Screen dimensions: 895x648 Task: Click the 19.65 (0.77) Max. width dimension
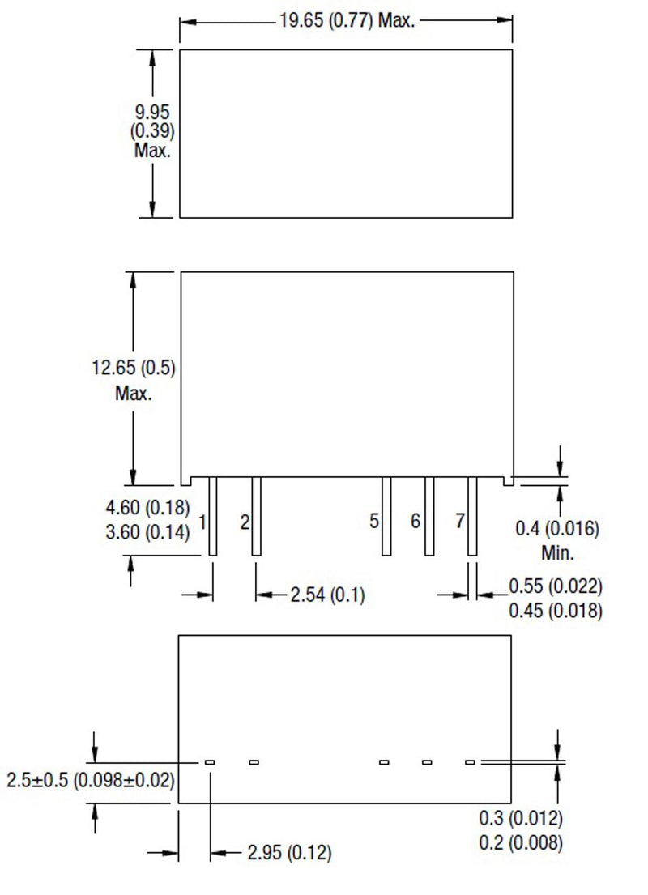[x=347, y=21]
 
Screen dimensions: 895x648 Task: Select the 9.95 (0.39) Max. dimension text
[x=152, y=130]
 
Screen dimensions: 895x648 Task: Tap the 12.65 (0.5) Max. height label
[x=134, y=381]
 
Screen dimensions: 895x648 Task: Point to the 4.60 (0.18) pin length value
[x=147, y=508]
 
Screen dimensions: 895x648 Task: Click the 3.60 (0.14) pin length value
[x=147, y=532]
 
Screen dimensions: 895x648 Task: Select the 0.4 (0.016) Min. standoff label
[x=557, y=541]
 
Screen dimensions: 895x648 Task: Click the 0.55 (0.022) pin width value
[x=555, y=586]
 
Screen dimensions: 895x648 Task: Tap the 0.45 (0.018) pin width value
[x=555, y=610]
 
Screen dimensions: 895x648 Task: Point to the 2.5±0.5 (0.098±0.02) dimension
[x=91, y=781]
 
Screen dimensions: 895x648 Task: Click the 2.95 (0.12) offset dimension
[x=289, y=853]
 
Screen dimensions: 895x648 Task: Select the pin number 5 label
[x=374, y=521]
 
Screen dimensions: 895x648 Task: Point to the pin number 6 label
[x=416, y=521]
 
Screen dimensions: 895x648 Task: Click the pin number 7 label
[x=459, y=521]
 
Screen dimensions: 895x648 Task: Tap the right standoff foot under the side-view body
[x=508, y=481]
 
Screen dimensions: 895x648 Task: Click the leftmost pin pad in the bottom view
[x=210, y=762]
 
